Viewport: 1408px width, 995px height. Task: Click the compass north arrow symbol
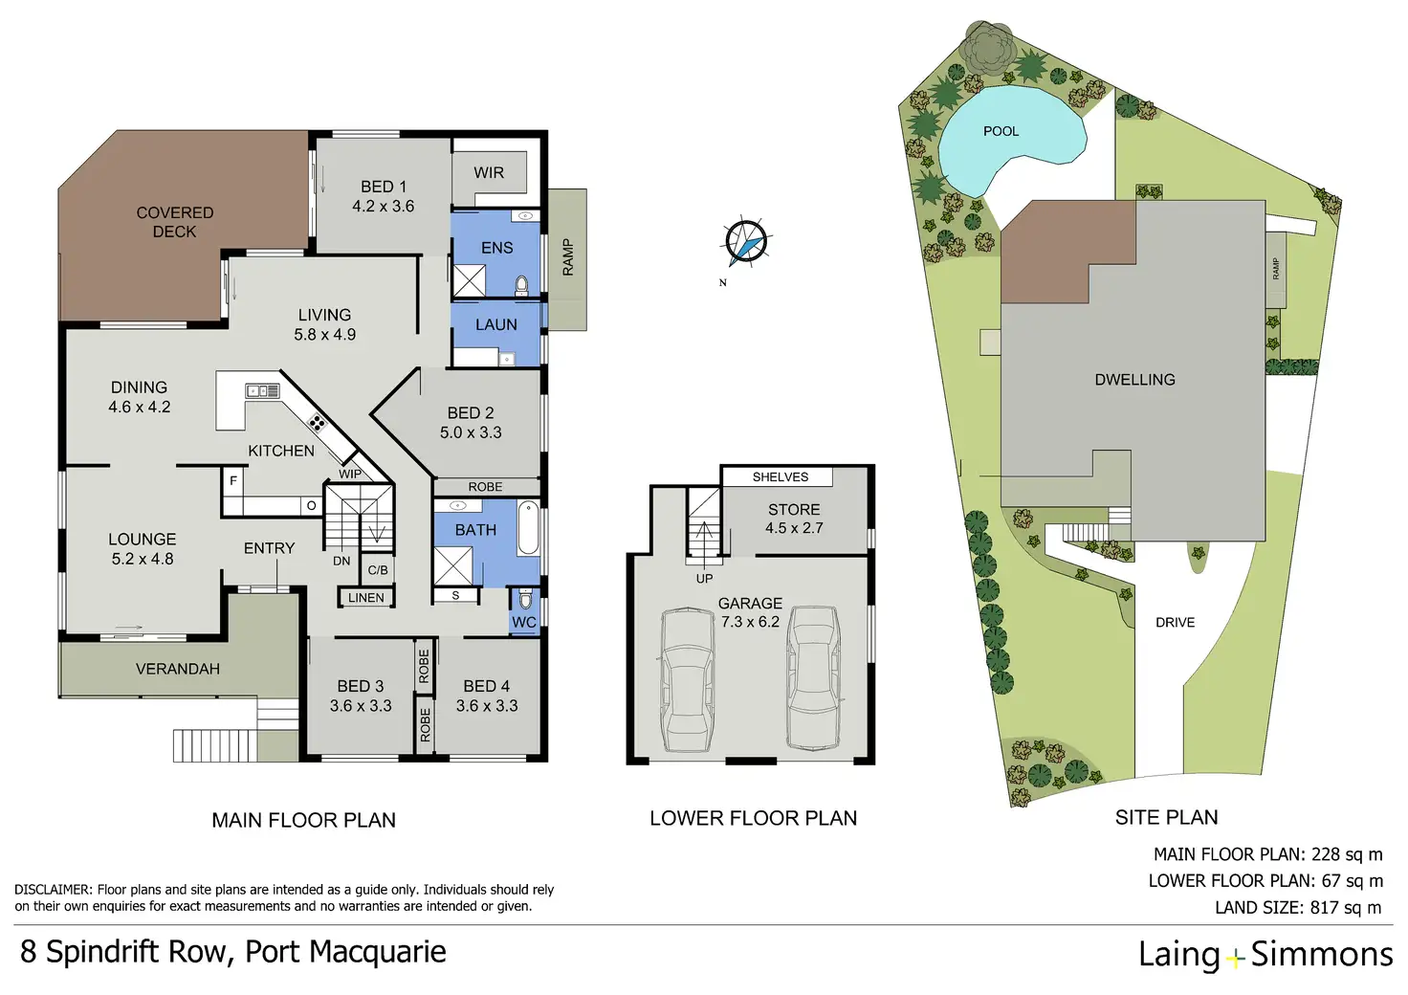click(x=745, y=242)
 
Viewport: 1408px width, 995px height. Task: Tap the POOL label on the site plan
click(x=1001, y=131)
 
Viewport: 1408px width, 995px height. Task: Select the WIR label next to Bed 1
click(x=488, y=173)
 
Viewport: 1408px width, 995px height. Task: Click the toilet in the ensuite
click(x=522, y=284)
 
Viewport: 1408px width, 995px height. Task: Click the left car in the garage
click(x=687, y=679)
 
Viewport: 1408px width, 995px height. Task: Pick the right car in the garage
click(x=813, y=676)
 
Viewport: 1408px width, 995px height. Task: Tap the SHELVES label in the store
click(x=780, y=476)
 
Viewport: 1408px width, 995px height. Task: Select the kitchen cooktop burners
click(x=317, y=422)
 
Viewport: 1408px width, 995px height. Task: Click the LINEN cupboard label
click(x=365, y=598)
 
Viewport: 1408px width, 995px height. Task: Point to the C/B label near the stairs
click(x=378, y=570)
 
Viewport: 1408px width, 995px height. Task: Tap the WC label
click(x=524, y=622)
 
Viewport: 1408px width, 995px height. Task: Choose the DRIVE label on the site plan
click(x=1175, y=623)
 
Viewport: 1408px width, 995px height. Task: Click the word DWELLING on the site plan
click(x=1134, y=380)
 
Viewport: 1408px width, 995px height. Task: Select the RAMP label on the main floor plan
click(x=567, y=258)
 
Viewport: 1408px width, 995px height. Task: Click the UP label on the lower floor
click(x=704, y=579)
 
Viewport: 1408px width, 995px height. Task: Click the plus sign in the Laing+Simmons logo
click(x=1235, y=957)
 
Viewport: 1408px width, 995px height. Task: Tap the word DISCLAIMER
click(x=53, y=890)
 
